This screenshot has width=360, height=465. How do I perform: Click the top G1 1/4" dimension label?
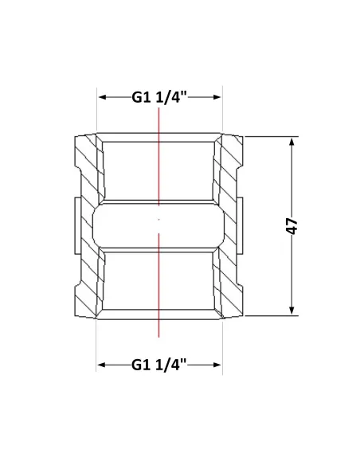pos(159,97)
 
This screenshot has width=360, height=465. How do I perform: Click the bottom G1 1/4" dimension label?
pos(159,365)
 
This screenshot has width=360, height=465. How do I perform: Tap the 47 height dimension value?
pos(292,226)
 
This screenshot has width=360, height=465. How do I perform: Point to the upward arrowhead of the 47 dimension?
pos(292,143)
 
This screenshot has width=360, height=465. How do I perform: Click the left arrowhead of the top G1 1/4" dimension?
pos(103,97)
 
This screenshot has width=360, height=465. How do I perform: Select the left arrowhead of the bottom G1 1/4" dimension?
pos(102,365)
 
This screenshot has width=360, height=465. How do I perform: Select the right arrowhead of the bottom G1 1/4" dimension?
pos(217,365)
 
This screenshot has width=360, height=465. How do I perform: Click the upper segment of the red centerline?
pos(159,156)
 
